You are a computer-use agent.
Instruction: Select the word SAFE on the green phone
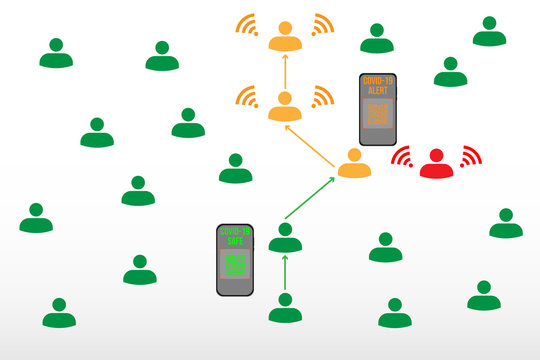click(235, 241)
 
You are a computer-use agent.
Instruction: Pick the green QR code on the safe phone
click(235, 265)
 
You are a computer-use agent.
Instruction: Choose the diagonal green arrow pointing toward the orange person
click(310, 199)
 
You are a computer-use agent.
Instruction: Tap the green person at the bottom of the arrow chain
click(285, 309)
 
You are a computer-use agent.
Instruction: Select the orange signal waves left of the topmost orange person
click(247, 25)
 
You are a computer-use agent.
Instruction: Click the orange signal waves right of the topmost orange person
click(322, 25)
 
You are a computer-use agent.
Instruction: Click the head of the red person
click(436, 156)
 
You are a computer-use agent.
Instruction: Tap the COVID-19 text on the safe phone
click(235, 231)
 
